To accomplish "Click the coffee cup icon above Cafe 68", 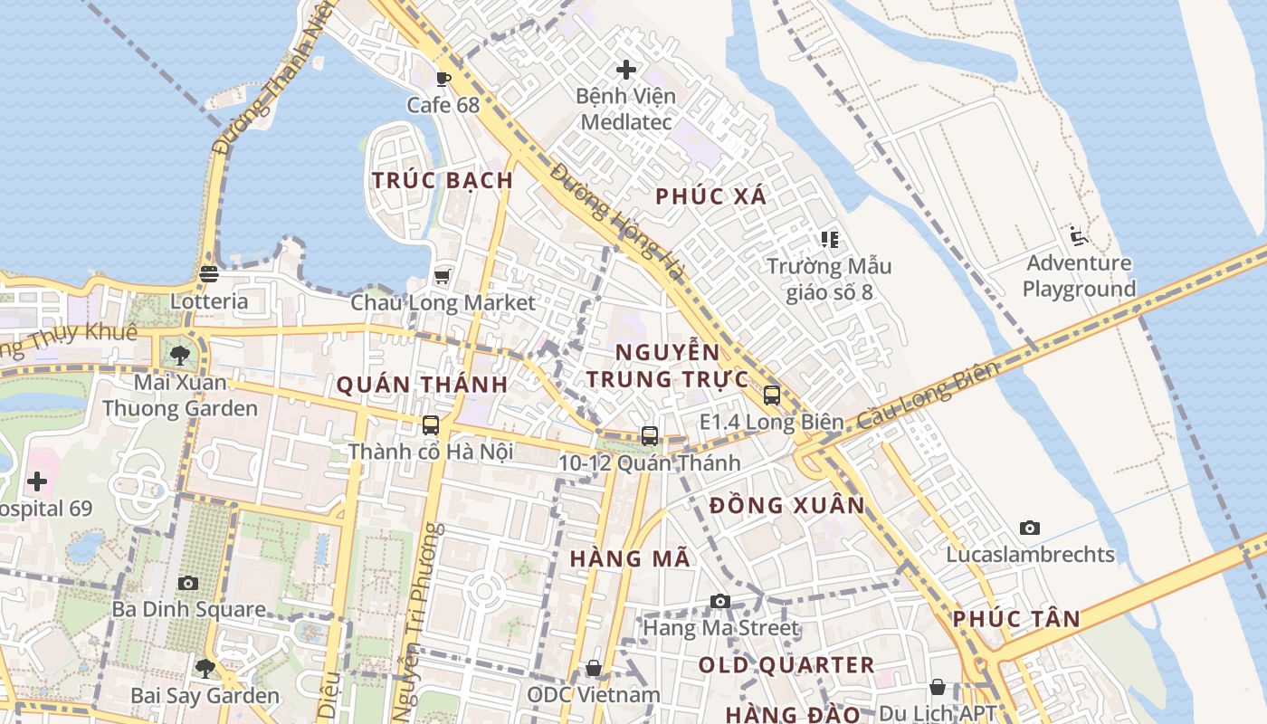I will tap(443, 79).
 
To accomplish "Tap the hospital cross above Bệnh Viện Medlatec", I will tap(625, 69).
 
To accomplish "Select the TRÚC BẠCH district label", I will tap(443, 180).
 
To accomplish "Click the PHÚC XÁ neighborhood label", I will tap(710, 196).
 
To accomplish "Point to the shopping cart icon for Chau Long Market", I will tap(443, 276).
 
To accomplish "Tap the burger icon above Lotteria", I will tap(209, 274).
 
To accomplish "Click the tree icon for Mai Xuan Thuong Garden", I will tap(179, 355).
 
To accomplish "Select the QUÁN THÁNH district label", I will tap(422, 385).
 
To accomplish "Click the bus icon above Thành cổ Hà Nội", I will tap(431, 424).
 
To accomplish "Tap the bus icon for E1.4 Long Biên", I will tap(771, 395).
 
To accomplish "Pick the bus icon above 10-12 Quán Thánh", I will tap(649, 436).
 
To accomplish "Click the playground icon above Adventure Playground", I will tap(1077, 236).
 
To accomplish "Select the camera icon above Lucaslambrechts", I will tap(1029, 528).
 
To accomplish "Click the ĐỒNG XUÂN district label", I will tap(787, 505).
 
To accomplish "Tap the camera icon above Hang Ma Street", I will tap(720, 601).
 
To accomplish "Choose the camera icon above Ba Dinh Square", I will tap(188, 583).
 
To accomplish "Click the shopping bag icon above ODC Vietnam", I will tap(594, 668).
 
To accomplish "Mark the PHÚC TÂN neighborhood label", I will tap(1016, 619).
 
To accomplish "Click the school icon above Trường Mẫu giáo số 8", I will tap(830, 240).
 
